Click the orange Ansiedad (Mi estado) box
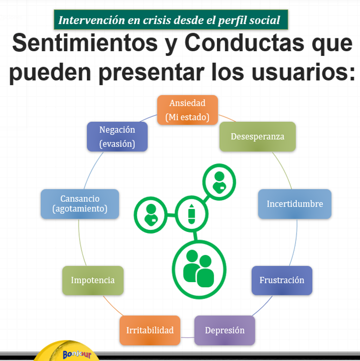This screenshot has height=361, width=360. pyautogui.click(x=187, y=110)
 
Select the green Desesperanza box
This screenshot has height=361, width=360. pyautogui.click(x=258, y=137)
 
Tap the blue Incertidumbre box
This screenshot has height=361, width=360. pyautogui.click(x=294, y=204)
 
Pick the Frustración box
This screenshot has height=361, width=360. pyautogui.click(x=282, y=280)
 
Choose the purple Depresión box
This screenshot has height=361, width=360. pyautogui.click(x=225, y=330)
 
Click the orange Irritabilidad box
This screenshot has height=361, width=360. pyautogui.click(x=150, y=330)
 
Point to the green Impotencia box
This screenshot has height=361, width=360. pyautogui.click(x=93, y=280)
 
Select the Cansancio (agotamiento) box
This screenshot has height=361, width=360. pyautogui.click(x=80, y=204)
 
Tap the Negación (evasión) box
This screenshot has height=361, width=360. pyautogui.click(x=117, y=137)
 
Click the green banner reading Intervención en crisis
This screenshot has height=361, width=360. pyautogui.click(x=171, y=19)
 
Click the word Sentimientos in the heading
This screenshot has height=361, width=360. pyautogui.click(x=84, y=43)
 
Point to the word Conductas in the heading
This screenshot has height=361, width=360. pyautogui.click(x=244, y=43)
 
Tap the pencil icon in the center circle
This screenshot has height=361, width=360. pyautogui.click(x=192, y=214)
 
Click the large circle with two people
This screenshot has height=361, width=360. pyautogui.click(x=199, y=270)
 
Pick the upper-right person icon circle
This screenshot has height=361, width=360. pyautogui.click(x=219, y=182)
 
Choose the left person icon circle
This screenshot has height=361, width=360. pyautogui.click(x=151, y=215)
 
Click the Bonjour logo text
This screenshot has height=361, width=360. pyautogui.click(x=77, y=354)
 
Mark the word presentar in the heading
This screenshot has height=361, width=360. pyautogui.click(x=152, y=73)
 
